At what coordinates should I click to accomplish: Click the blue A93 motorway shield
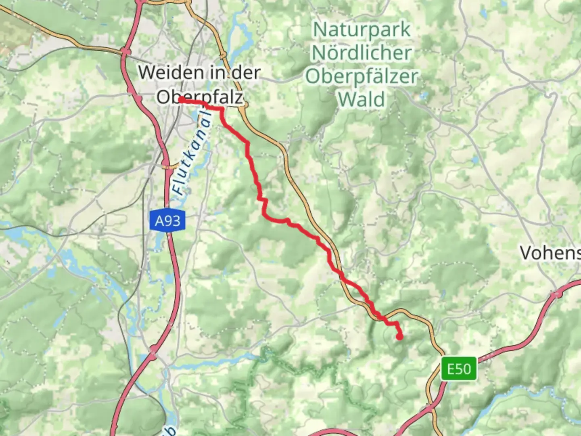click(x=168, y=221)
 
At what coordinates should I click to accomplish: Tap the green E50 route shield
click(x=459, y=369)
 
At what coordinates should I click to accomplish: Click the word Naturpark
click(x=362, y=30)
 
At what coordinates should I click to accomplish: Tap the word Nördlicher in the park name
click(x=362, y=53)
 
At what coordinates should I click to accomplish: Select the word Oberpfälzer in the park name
click(x=362, y=76)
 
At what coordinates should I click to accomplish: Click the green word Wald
click(x=362, y=99)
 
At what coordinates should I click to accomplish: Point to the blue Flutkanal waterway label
click(x=193, y=153)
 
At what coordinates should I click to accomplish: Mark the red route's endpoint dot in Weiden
click(x=181, y=99)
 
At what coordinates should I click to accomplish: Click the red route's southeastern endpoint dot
click(x=399, y=336)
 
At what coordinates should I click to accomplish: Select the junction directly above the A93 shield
click(x=166, y=164)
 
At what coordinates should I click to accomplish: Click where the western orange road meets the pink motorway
click(x=125, y=51)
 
